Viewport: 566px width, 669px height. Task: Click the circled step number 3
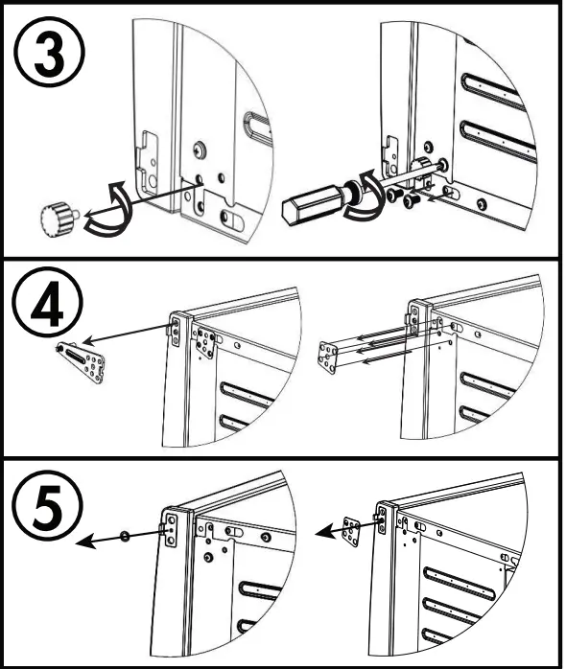click(50, 52)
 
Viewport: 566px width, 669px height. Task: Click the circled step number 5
click(47, 506)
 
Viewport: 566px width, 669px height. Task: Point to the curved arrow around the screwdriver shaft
click(366, 196)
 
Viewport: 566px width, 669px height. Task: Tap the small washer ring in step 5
click(125, 537)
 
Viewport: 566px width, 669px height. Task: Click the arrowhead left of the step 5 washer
click(85, 542)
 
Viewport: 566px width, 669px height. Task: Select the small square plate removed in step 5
click(352, 532)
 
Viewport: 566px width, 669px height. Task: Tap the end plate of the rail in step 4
click(328, 357)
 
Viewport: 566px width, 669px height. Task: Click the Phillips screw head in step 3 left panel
click(199, 150)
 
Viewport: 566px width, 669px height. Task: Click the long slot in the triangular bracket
click(78, 356)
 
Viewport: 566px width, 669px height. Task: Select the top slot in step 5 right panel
click(460, 584)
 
